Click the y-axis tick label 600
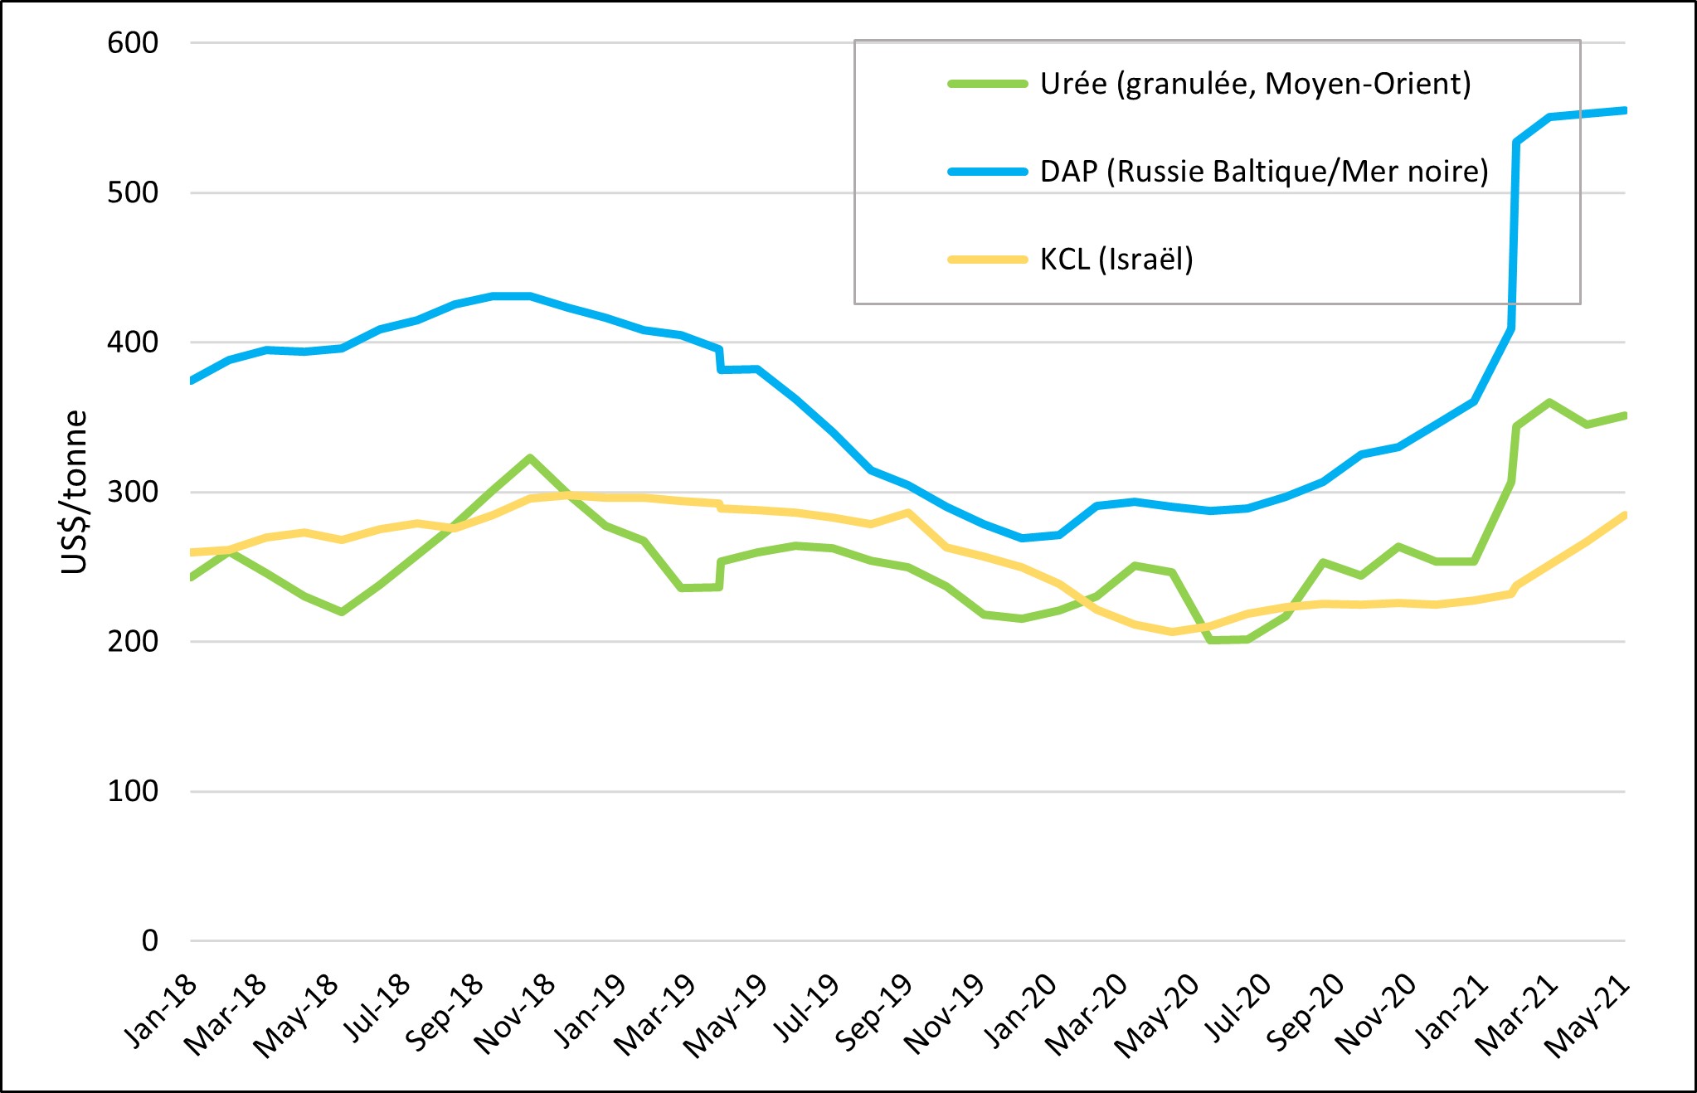point(133,43)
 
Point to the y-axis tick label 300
point(133,492)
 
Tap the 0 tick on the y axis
point(149,940)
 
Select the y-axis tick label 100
point(133,791)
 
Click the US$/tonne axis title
point(75,492)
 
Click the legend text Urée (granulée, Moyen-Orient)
point(1255,84)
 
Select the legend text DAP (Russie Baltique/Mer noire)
point(1264,172)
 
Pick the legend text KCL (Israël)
point(1116,260)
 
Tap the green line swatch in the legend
point(987,84)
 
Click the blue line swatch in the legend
point(987,172)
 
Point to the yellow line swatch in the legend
point(987,260)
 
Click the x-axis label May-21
point(1589,1015)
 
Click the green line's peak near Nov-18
point(529,458)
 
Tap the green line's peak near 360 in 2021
point(1549,402)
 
